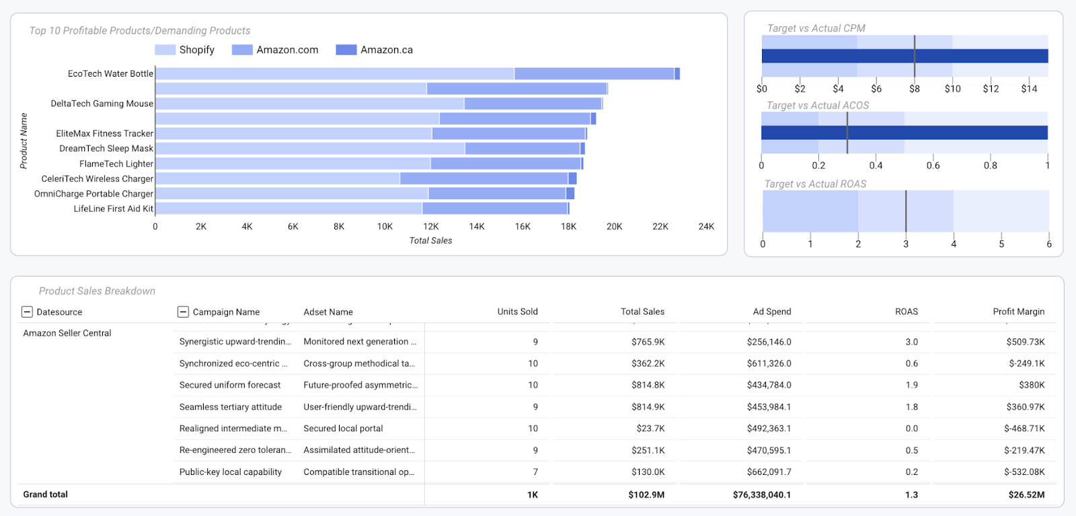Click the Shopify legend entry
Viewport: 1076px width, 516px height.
point(185,50)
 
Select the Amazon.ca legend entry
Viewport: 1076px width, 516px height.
point(375,50)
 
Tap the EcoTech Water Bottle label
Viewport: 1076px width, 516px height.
point(110,74)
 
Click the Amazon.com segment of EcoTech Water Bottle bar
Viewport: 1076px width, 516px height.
point(594,74)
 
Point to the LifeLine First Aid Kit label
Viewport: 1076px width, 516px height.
point(113,209)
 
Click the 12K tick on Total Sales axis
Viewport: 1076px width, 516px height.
point(430,227)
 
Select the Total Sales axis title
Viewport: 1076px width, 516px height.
point(430,241)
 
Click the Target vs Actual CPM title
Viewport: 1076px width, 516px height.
point(816,28)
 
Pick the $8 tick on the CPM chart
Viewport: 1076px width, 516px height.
point(914,89)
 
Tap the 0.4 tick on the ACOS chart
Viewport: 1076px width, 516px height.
point(876,165)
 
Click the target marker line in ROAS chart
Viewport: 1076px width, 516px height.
point(905,211)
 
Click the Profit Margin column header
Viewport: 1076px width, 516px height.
point(1018,311)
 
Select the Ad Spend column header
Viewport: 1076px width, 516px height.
point(771,311)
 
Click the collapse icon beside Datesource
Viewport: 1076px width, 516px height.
point(27,311)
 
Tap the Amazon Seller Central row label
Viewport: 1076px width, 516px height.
point(67,333)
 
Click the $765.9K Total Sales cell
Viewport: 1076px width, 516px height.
point(648,342)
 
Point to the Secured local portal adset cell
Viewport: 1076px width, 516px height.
point(343,429)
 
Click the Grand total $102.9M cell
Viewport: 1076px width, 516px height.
point(646,494)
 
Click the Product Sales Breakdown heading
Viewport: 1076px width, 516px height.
point(97,291)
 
